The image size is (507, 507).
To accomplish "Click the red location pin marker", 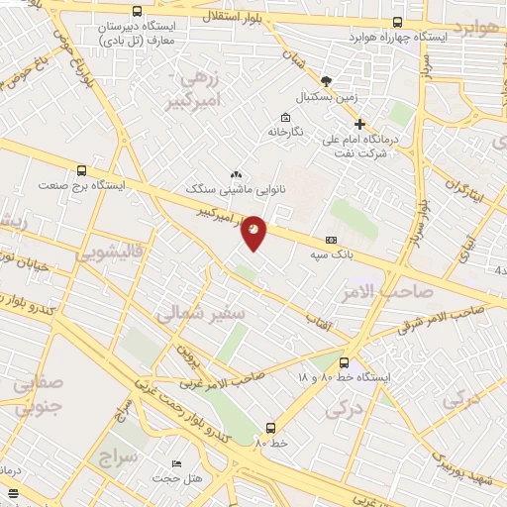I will click(x=254, y=232).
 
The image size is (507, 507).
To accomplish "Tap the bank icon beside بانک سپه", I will click(x=331, y=240).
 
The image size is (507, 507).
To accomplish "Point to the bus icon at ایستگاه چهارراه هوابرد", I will click(x=397, y=22).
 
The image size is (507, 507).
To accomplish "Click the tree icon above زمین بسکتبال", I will click(x=327, y=81).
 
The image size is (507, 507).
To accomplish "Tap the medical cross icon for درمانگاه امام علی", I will click(x=359, y=125).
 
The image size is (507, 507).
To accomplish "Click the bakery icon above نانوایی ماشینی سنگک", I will click(x=236, y=174).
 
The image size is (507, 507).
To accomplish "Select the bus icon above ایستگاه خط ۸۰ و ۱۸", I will click(x=344, y=362).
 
